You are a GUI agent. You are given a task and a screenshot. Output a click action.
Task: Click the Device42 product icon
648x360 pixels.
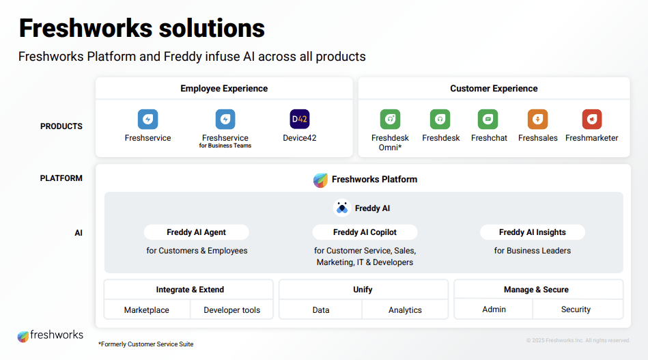[x=299, y=120]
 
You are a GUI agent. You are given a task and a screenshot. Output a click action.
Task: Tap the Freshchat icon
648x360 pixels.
[x=488, y=120]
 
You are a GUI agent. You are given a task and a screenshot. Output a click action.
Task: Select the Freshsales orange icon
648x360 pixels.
[x=537, y=120]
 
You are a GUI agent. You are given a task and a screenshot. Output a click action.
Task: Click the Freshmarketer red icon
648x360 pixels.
[x=591, y=120]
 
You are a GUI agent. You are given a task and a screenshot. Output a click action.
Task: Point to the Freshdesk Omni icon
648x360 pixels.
[x=390, y=120]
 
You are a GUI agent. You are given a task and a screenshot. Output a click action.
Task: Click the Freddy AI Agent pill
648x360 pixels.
[x=196, y=232]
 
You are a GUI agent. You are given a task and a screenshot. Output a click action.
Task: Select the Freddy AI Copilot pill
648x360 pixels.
[x=365, y=232]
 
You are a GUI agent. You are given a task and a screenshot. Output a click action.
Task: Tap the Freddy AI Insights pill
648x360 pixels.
[x=532, y=232]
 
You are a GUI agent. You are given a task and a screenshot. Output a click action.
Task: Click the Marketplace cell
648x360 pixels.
[x=146, y=310]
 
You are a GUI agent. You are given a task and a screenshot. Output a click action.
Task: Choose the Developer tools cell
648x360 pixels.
[x=231, y=310]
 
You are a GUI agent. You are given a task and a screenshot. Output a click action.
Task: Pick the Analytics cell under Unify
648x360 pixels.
[x=405, y=310]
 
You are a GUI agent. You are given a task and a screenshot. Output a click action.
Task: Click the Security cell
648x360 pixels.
[x=576, y=309]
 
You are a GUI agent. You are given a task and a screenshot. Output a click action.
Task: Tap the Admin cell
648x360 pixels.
[x=494, y=309]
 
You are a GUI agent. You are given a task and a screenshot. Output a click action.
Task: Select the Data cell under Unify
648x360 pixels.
[x=321, y=310]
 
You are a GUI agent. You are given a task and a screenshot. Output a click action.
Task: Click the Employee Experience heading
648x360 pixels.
[x=224, y=88]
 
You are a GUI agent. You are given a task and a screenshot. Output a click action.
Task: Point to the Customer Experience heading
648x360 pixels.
[x=494, y=88]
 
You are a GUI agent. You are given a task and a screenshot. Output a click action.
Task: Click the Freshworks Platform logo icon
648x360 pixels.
[x=320, y=180]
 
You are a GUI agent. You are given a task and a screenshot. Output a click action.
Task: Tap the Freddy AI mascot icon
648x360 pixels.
[x=342, y=208]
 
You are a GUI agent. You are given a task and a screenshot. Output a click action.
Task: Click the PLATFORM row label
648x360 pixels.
[x=61, y=178]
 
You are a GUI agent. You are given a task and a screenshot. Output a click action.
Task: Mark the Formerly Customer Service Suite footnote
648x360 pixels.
[x=145, y=344]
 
